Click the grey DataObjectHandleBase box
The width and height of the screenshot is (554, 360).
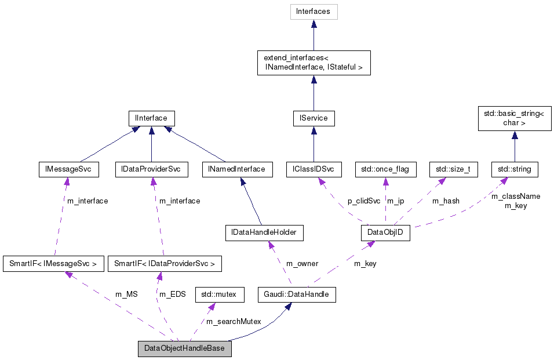coord(184,349)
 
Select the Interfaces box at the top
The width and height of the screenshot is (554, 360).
coord(313,12)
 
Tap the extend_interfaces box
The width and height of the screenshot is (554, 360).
coord(313,63)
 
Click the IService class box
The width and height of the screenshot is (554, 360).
coord(314,118)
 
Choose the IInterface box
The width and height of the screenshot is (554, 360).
coord(151,118)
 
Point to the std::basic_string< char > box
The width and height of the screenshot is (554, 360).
coord(513,118)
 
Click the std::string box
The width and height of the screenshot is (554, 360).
coord(515,169)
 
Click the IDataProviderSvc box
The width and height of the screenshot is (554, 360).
coord(151,169)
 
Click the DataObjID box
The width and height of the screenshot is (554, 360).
coord(385,233)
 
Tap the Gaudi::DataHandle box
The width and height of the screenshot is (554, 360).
coord(297,294)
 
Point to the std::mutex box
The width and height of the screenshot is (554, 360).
coord(219,294)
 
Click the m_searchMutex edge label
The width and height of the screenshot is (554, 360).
coord(234,321)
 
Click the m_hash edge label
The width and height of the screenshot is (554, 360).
coord(446,201)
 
